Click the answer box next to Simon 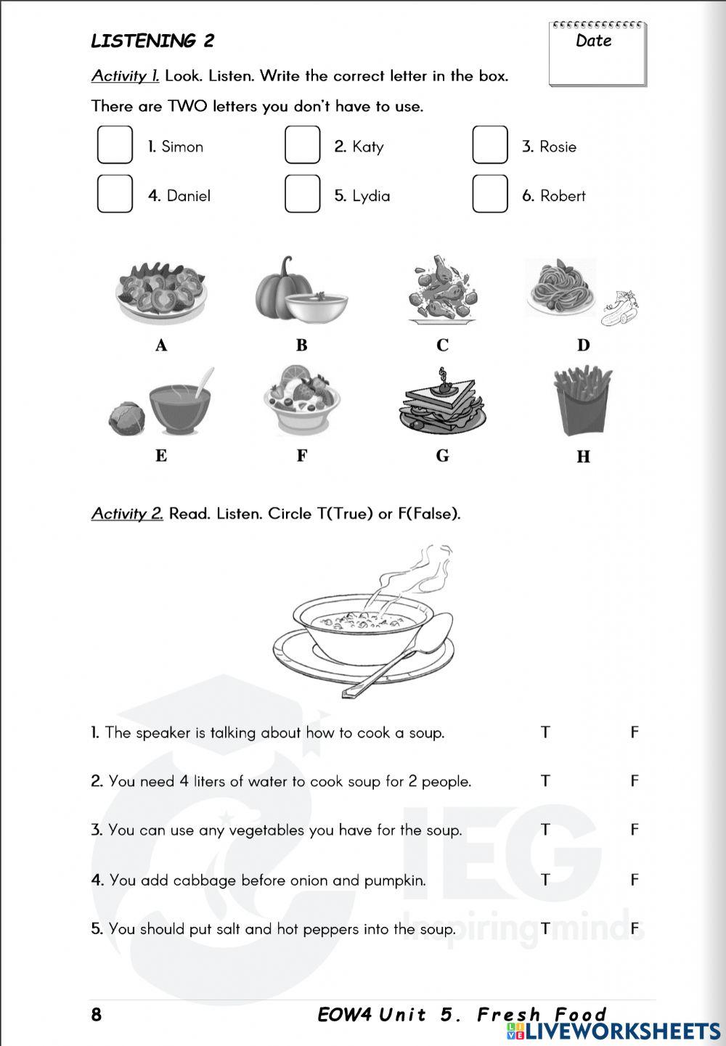click(x=115, y=144)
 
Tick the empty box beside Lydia click(x=302, y=194)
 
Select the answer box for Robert click(x=490, y=194)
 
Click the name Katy click(x=367, y=147)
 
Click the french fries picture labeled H click(x=582, y=401)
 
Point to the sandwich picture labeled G click(x=441, y=406)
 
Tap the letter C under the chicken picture click(x=442, y=346)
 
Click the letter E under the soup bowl click(x=161, y=456)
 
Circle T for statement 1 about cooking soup click(x=545, y=732)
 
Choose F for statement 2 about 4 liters click(x=635, y=781)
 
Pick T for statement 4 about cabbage click(x=545, y=880)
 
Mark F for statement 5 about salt click(x=635, y=928)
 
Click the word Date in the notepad click(x=593, y=41)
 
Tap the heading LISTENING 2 click(x=152, y=41)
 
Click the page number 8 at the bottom click(x=97, y=1015)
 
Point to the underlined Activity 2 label click(x=127, y=514)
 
